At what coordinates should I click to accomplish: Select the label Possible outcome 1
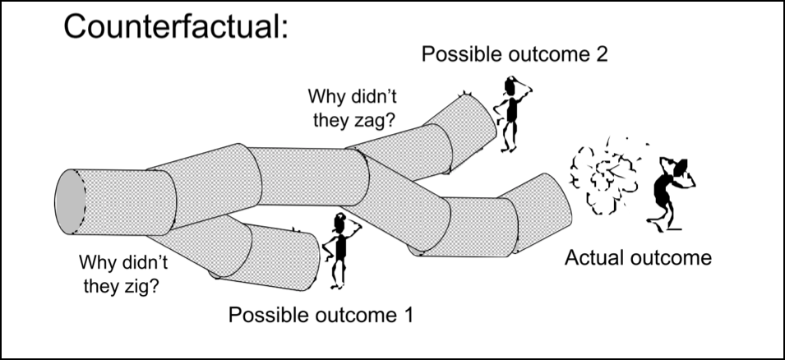pyautogui.click(x=321, y=314)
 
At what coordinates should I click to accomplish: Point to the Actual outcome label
pyautogui.click(x=637, y=258)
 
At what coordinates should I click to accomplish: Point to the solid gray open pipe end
pyautogui.click(x=69, y=204)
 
